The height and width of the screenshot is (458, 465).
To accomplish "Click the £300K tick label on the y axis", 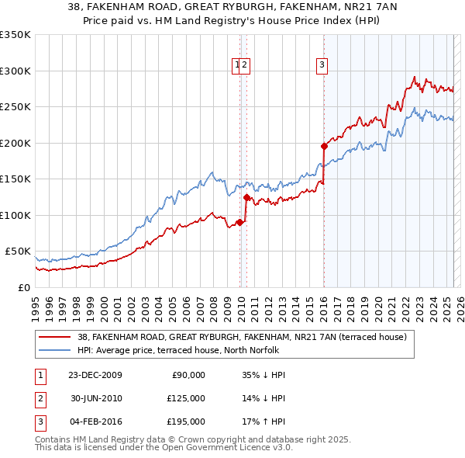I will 15,71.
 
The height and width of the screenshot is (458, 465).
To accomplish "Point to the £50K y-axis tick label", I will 18,252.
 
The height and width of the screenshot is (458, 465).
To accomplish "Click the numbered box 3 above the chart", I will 321,66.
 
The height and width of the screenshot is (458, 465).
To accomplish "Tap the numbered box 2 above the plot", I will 244,66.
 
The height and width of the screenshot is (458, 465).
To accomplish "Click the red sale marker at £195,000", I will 324,146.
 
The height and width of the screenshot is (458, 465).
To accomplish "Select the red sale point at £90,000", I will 240,222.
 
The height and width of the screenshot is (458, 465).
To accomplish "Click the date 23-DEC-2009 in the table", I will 96,375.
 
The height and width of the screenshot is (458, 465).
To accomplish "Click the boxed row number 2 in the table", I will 38,398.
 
